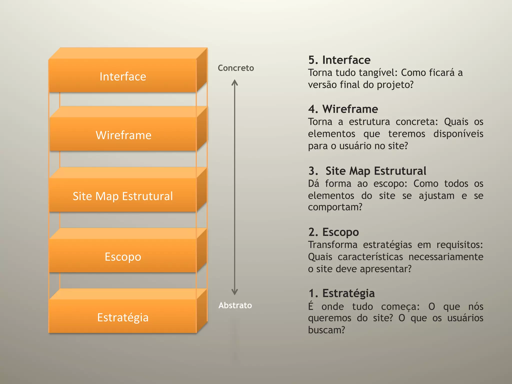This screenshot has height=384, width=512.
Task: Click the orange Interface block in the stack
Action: pos(123,76)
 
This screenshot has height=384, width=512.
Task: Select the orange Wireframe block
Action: pos(123,135)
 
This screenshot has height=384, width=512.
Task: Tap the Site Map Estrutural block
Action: pos(123,196)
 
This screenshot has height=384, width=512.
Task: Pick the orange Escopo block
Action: pos(123,257)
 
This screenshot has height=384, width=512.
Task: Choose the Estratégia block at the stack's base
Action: pos(123,317)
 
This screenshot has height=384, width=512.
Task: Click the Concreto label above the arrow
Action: pos(236,68)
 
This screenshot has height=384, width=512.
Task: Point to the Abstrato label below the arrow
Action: pos(235,305)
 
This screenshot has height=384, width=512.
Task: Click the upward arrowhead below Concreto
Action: pos(234,82)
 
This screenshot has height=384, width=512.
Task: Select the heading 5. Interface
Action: pos(339,60)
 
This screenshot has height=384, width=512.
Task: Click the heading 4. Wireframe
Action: pos(343,109)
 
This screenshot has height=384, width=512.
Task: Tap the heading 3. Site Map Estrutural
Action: pos(367,171)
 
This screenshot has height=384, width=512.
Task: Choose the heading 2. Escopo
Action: pos(333,232)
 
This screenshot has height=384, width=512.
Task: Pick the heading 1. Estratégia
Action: pos(341,293)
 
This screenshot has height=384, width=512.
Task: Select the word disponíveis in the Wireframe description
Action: pos(458,134)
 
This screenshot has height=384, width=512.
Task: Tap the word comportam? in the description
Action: pos(335,207)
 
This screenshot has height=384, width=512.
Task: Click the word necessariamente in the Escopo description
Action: pos(446,257)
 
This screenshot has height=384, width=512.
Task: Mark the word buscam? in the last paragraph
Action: pos(326,330)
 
